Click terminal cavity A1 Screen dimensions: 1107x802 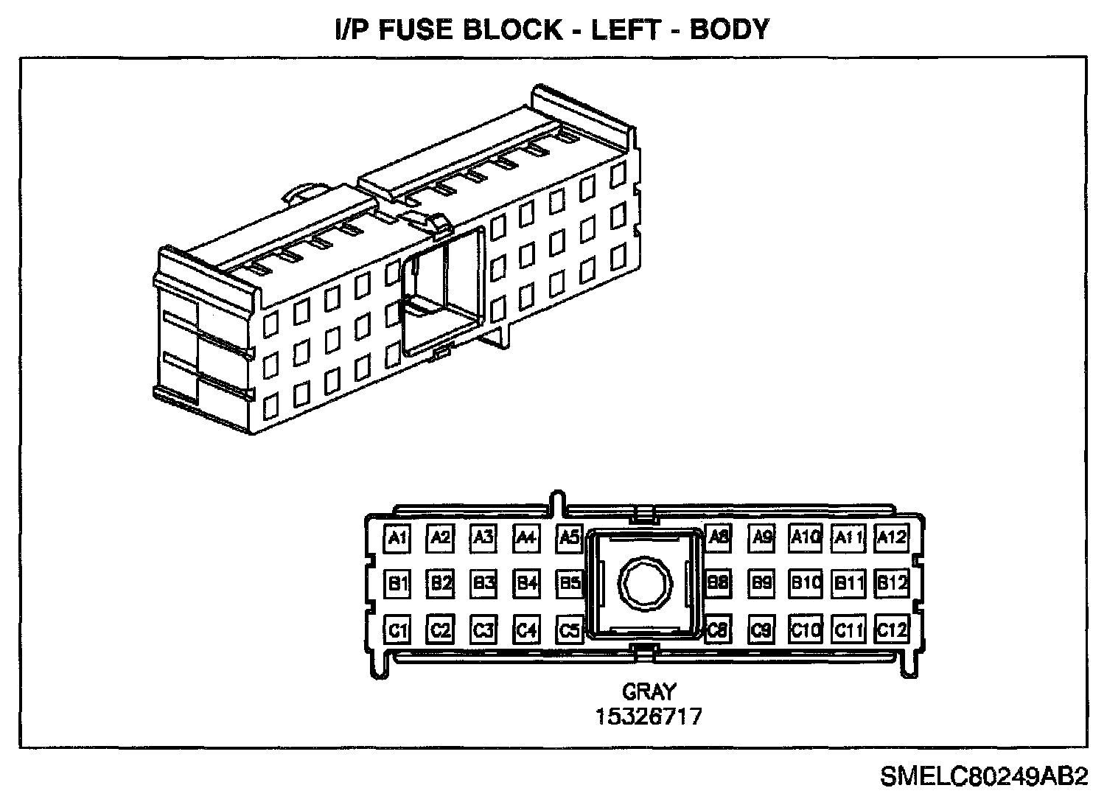pyautogui.click(x=398, y=538)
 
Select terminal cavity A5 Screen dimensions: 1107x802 pyautogui.click(x=570, y=538)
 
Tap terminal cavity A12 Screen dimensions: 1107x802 pyautogui.click(x=891, y=538)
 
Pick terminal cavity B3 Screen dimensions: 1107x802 pyautogui.click(x=483, y=584)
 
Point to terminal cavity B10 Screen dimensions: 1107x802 pyautogui.click(x=806, y=584)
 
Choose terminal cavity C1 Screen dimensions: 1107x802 pyautogui.click(x=398, y=631)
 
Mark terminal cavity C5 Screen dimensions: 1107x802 pyautogui.click(x=570, y=631)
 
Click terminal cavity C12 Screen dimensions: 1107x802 pyautogui.click(x=891, y=631)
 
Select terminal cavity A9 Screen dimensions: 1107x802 pyautogui.click(x=762, y=538)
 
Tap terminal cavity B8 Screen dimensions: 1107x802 pyautogui.click(x=718, y=584)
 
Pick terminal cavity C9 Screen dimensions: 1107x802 pyautogui.click(x=762, y=631)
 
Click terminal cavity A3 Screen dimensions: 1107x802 pyautogui.click(x=483, y=538)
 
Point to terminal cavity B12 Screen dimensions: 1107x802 pyautogui.click(x=891, y=584)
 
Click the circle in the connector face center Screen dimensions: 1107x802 pyautogui.click(x=645, y=584)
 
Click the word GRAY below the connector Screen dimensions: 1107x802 pyautogui.click(x=649, y=692)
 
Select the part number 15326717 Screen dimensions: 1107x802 pyautogui.click(x=649, y=716)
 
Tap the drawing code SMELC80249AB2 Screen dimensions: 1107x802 pyautogui.click(x=983, y=776)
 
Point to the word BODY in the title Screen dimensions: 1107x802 pyautogui.click(x=730, y=29)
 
